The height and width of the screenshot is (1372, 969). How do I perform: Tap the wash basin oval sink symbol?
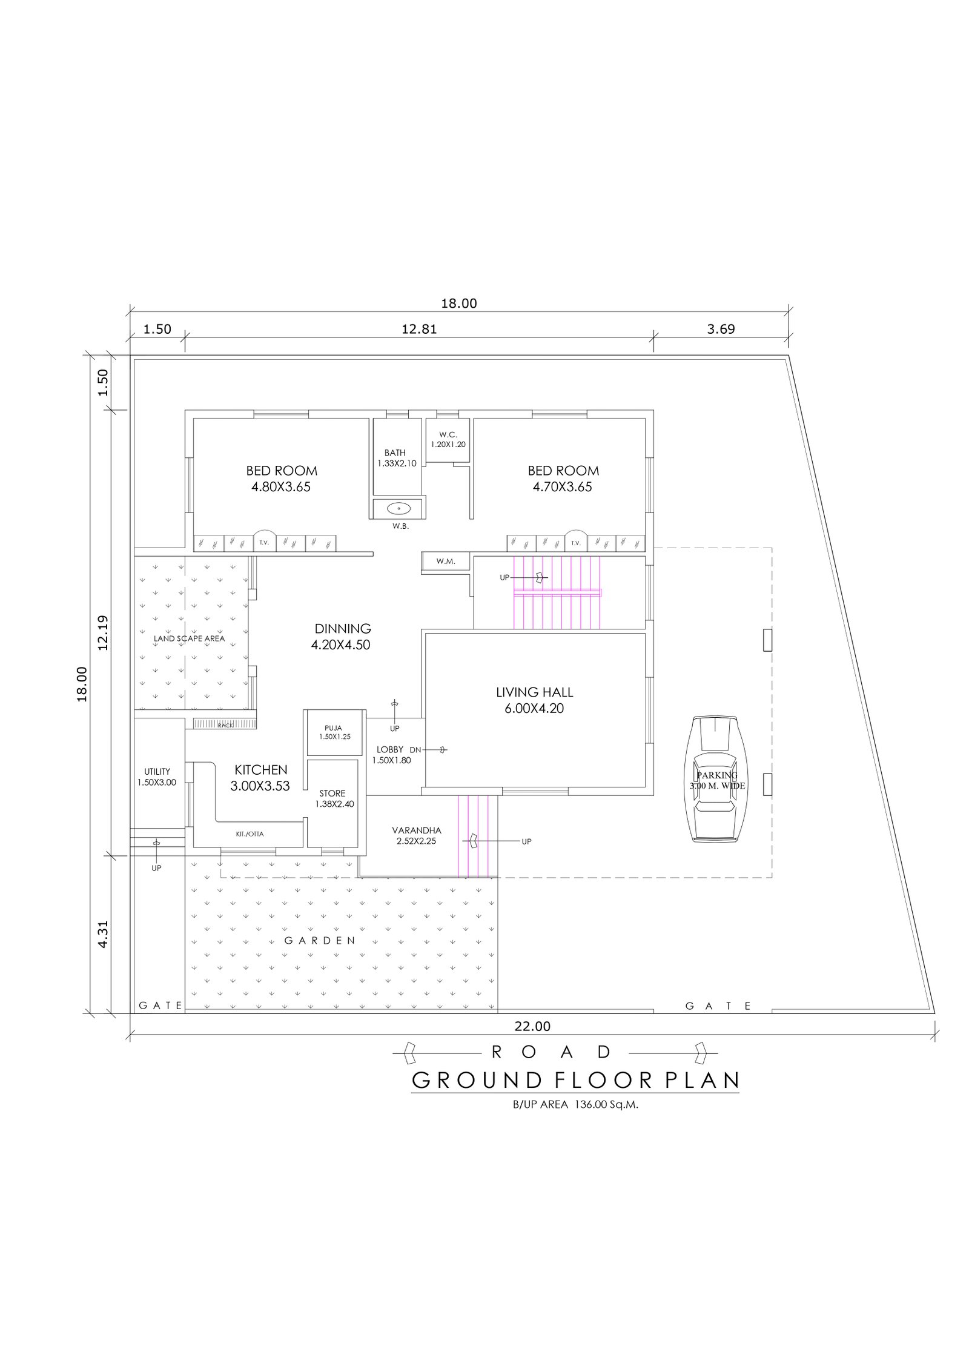[x=399, y=508]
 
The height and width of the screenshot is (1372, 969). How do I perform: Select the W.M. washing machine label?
[x=446, y=562]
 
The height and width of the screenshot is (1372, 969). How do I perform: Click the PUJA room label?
[x=333, y=728]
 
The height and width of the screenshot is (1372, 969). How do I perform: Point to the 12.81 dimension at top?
[x=419, y=329]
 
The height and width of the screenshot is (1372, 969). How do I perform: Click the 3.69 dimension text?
[x=721, y=329]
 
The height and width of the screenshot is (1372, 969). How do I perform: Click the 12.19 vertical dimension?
[x=102, y=632]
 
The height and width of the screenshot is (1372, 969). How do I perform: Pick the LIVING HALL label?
[x=534, y=692]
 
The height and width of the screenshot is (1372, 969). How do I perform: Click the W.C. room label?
[x=448, y=434]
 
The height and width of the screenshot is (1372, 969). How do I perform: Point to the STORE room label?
[x=332, y=793]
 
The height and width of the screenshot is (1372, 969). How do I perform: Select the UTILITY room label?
[x=157, y=772]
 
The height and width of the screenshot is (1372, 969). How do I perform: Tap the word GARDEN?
[x=320, y=941]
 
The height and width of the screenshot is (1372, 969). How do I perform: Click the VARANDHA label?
[x=417, y=830]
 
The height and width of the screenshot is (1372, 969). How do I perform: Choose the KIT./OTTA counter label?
[x=250, y=834]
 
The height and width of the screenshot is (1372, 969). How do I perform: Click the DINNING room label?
[x=343, y=629]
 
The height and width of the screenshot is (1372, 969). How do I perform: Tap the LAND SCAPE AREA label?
[x=189, y=638]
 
